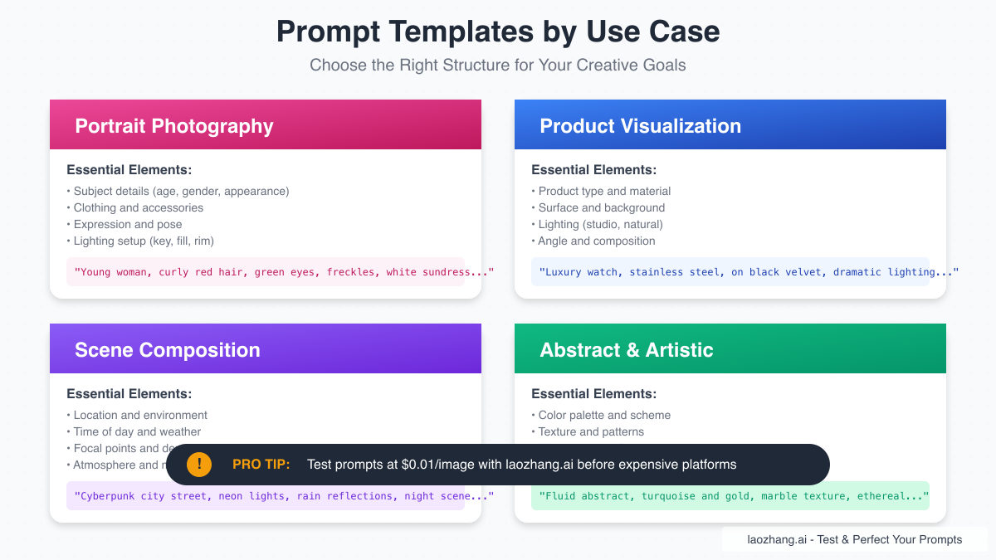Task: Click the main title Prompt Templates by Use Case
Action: coord(498,32)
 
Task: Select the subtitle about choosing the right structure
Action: coord(498,65)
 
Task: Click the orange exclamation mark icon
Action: coord(199,465)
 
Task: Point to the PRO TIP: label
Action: coord(261,465)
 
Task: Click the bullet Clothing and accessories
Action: coord(138,207)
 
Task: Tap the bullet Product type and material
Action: coord(604,191)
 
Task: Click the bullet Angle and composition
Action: coord(596,241)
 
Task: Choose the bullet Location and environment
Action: coord(140,415)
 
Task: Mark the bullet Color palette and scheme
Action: coord(604,415)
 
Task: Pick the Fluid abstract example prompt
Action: coord(730,496)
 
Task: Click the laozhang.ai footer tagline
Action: coord(854,539)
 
